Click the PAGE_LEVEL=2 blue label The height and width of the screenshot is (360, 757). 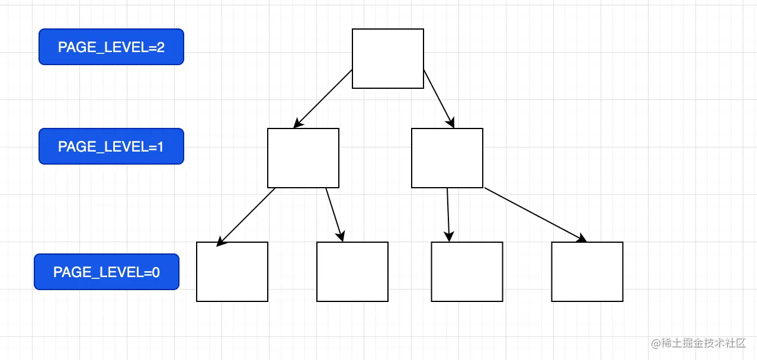tap(111, 47)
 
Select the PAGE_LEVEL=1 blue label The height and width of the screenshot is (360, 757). tap(111, 146)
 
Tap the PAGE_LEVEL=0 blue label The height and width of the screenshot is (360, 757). tap(107, 272)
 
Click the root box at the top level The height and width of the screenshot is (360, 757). tap(388, 59)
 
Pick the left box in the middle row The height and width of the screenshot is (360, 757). tap(303, 158)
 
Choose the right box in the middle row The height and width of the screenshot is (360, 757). tap(447, 158)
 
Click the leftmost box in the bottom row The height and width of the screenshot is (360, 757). tap(232, 272)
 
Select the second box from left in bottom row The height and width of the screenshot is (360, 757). tap(352, 272)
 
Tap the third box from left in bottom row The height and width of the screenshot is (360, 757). tap(467, 272)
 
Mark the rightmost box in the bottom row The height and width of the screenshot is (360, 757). tap(588, 272)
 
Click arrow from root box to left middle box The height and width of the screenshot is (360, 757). tap(323, 99)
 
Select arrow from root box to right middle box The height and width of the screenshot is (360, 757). tap(439, 99)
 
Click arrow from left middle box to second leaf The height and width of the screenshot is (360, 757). tap(335, 215)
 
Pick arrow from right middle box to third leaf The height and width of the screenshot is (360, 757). tap(448, 215)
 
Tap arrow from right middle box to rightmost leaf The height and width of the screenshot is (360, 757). tap(535, 215)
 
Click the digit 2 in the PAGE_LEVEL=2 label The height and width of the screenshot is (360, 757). tap(161, 47)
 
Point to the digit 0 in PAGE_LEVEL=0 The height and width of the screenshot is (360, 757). tap(156, 272)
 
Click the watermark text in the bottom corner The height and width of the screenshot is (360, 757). tap(698, 343)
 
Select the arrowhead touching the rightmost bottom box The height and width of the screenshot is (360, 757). tap(582, 238)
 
